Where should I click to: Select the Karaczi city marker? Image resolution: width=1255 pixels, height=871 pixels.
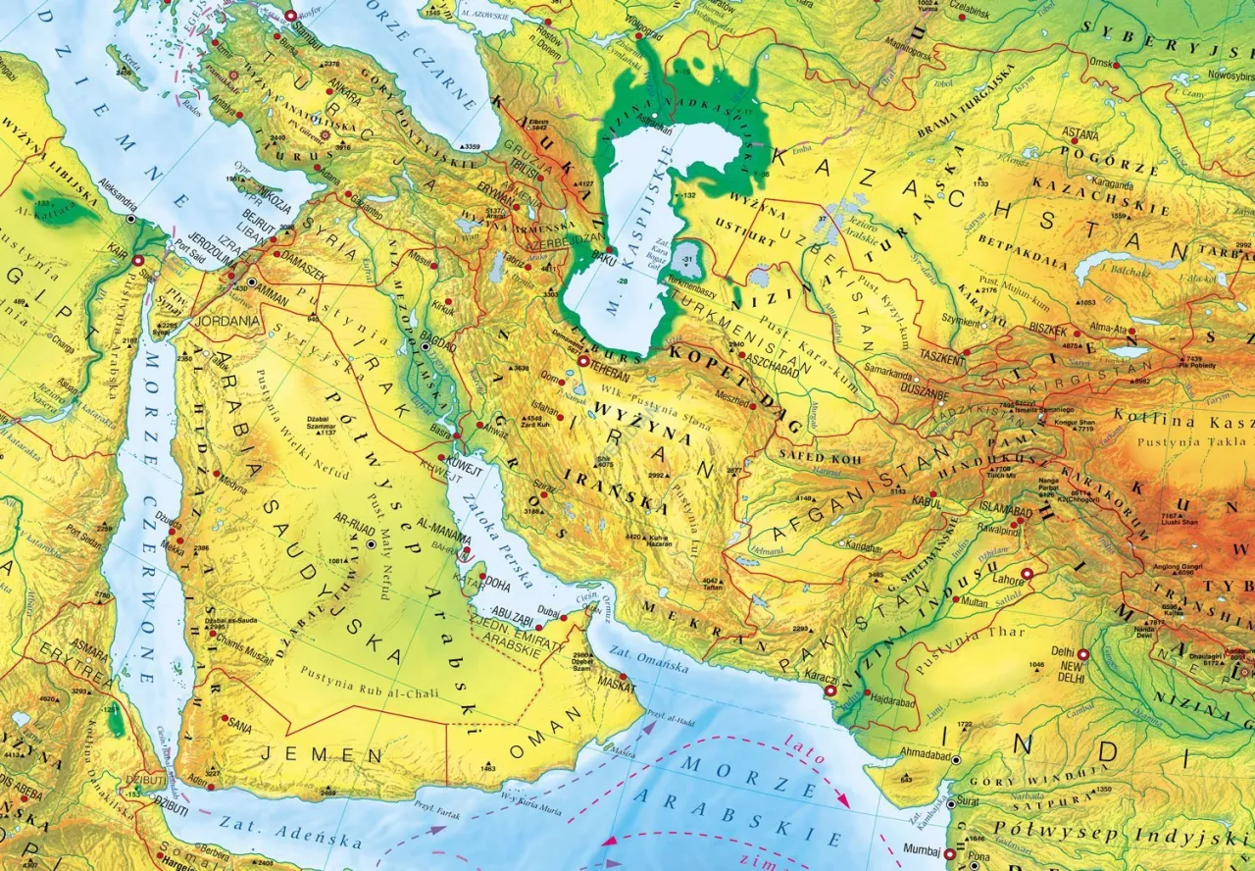pyautogui.click(x=830, y=691)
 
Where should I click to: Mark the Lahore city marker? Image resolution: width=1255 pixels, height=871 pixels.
pyautogui.click(x=1028, y=573)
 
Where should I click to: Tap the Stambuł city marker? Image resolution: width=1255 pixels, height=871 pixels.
pyautogui.click(x=290, y=15)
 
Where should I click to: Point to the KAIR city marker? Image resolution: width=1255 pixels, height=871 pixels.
pyautogui.click(x=138, y=261)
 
